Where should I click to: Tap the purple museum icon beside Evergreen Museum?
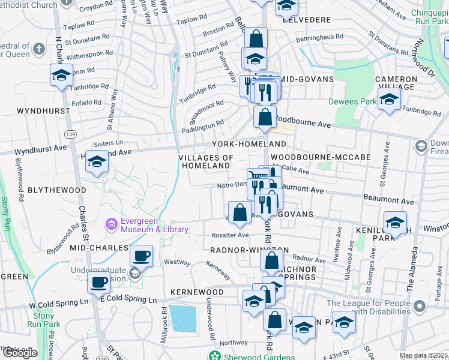[112, 224]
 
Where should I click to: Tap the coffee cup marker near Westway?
[141, 257]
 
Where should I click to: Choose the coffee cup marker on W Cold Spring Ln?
[99, 283]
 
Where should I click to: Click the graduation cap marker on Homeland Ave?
[97, 161]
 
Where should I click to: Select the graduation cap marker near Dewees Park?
[389, 100]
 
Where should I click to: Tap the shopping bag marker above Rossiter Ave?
[240, 212]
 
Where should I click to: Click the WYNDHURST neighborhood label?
[40, 112]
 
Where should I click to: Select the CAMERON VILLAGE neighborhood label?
[396, 83]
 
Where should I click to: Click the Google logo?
[19, 353]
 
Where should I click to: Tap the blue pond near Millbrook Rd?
[183, 318]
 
